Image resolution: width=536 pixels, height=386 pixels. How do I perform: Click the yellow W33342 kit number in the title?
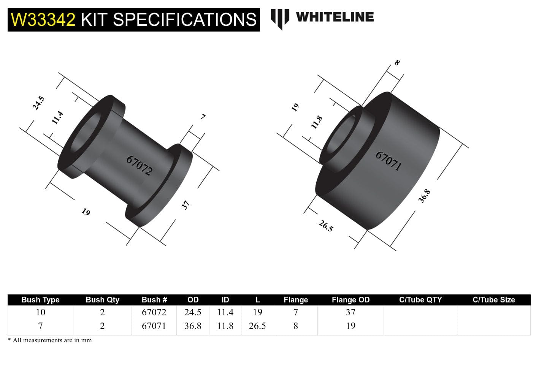[x=43, y=20]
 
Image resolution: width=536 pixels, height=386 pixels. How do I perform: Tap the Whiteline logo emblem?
[x=280, y=18]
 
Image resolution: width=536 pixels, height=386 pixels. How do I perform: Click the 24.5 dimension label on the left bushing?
[x=38, y=103]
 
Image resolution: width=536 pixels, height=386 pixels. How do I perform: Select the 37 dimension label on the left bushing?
[x=185, y=205]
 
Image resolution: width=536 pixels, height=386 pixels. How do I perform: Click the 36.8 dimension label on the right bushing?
[x=424, y=196]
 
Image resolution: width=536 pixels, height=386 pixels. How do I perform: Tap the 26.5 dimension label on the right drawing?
[x=326, y=226]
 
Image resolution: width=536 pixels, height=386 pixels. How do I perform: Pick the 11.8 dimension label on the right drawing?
[x=317, y=122]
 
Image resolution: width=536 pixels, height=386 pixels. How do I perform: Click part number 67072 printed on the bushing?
[x=140, y=166]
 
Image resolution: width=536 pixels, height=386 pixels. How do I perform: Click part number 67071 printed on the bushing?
[x=388, y=161]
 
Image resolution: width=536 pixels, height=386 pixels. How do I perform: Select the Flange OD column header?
[x=350, y=300]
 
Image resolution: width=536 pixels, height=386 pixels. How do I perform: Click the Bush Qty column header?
[x=102, y=300]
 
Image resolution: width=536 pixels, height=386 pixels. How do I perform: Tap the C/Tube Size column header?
[x=493, y=300]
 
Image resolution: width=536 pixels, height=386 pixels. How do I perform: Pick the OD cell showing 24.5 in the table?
[x=193, y=312]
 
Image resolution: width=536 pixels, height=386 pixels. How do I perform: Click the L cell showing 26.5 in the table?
[x=257, y=326]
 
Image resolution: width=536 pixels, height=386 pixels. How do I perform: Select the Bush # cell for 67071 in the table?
[x=154, y=326]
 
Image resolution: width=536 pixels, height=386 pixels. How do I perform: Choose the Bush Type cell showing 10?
[x=40, y=312]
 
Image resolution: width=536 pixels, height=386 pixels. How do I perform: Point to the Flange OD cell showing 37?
[x=350, y=312]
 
